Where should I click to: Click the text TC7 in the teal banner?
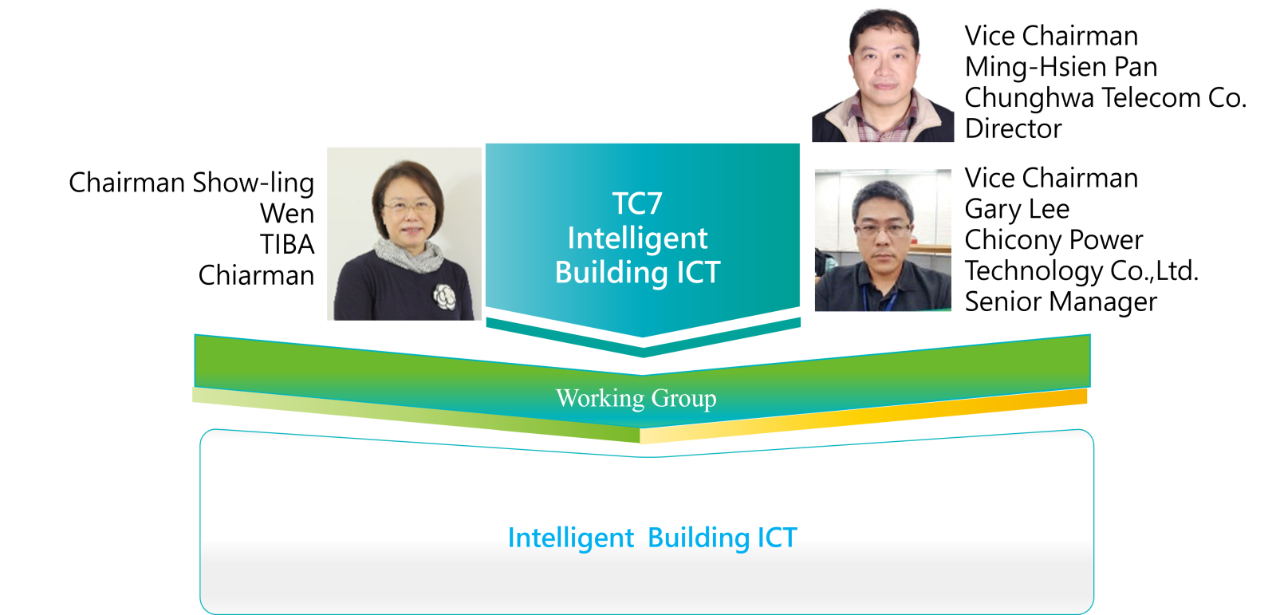[x=637, y=203]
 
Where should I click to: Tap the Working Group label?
[x=636, y=398]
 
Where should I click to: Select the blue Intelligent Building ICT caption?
[x=652, y=538]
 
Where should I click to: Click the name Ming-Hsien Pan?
[x=1061, y=67]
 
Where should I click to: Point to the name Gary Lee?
[x=1017, y=209]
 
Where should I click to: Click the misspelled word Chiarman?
[x=256, y=275]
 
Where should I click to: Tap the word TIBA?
[x=287, y=245]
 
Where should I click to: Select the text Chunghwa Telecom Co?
[x=1105, y=98]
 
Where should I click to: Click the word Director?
[x=1014, y=128]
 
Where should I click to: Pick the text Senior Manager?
[x=1061, y=302]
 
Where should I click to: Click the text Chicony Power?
[x=1053, y=240]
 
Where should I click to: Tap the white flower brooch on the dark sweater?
[x=445, y=297]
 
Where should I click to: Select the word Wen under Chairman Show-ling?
[x=287, y=214]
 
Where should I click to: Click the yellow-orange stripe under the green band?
[x=864, y=416]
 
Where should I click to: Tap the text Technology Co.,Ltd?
[x=1081, y=270]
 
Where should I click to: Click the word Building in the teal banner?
[x=611, y=273]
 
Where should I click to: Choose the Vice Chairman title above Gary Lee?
[x=1051, y=179]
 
